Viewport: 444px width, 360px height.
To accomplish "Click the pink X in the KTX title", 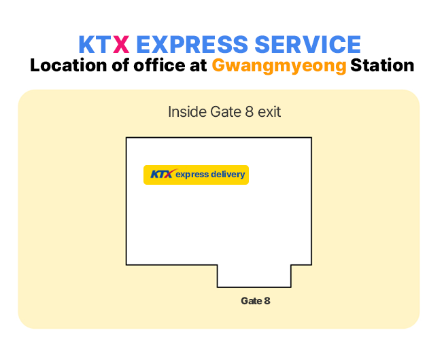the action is (121, 44).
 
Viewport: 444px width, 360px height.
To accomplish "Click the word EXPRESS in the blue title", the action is (192, 44).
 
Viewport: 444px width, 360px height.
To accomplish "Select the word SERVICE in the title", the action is (308, 44).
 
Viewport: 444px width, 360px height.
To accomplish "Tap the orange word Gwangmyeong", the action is (279, 66).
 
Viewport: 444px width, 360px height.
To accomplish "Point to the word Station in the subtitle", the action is (382, 65).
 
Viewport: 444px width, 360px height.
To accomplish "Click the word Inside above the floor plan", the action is (187, 111).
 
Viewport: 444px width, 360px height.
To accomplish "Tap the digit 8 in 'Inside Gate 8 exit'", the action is (249, 111).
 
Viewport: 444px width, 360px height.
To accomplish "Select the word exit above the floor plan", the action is (269, 111).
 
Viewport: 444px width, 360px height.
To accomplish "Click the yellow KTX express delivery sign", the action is (196, 175).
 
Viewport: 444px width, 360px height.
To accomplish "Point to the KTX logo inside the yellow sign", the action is (162, 174).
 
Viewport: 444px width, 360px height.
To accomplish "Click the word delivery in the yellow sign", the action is (228, 174).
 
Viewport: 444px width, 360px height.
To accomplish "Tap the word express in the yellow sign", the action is (192, 175).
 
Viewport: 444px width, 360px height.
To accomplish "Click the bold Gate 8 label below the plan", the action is (256, 301).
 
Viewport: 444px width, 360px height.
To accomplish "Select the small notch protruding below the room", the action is (254, 276).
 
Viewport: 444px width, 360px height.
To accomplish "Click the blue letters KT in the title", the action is (95, 44).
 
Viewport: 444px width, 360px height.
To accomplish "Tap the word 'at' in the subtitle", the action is (199, 66).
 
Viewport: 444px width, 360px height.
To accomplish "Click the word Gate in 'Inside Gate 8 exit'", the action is (226, 111).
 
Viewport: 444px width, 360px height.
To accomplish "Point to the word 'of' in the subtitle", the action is (120, 65).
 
